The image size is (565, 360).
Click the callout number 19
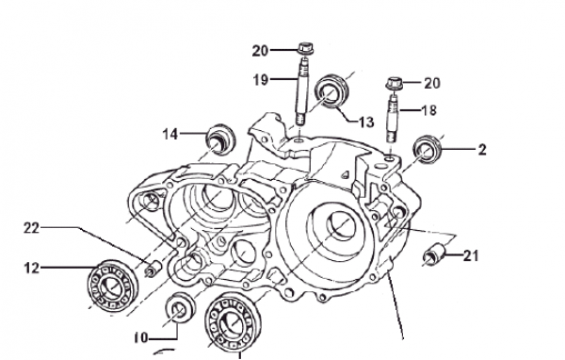pos(261,80)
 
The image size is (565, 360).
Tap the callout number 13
pos(367,123)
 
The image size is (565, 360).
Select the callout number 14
pos(170,134)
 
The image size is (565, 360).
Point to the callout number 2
pos(482,150)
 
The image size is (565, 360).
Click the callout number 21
pos(471,256)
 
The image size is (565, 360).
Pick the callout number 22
pos(31,228)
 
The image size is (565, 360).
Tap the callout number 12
pos(32,268)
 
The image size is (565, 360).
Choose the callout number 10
pos(141,338)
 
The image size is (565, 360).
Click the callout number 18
pos(428,110)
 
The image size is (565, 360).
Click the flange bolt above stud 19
pos(305,48)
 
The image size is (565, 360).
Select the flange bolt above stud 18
pos(394,84)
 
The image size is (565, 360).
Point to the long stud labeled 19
pos(302,91)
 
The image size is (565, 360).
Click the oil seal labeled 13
pos(331,90)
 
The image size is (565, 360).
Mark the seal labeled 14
pos(220,140)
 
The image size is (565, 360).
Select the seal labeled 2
pos(428,149)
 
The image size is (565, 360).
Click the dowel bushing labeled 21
pos(434,254)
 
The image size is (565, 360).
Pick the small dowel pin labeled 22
pos(153,269)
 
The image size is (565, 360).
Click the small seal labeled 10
pos(180,309)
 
